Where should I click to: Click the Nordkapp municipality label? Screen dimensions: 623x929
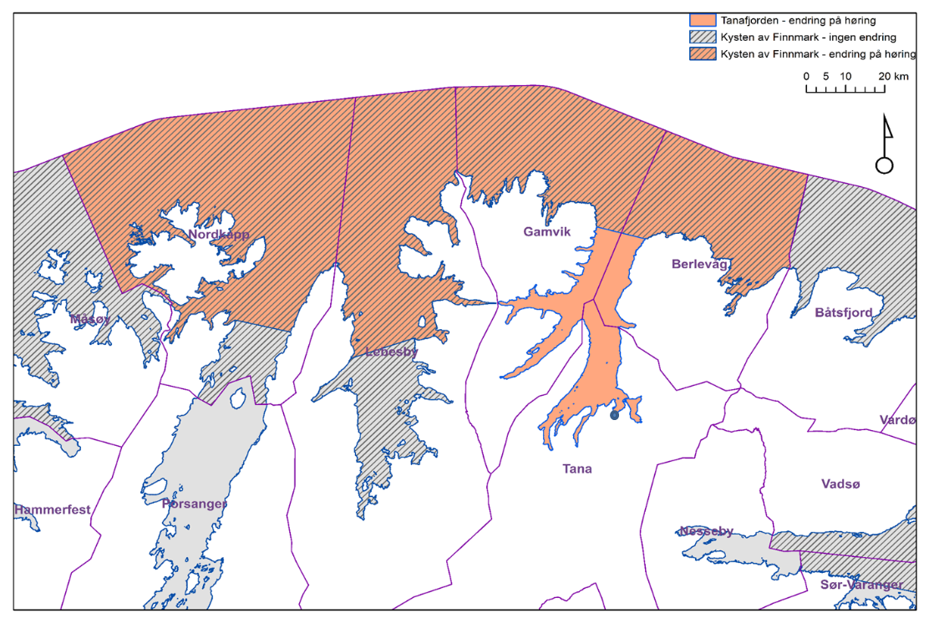(219, 235)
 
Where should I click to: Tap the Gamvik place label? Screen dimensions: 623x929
(547, 231)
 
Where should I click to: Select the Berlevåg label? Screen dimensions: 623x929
(700, 264)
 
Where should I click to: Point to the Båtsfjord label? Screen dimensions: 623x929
(844, 312)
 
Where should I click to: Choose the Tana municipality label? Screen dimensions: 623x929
(576, 469)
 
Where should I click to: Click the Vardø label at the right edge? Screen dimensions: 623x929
(898, 419)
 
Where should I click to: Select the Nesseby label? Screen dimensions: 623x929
(706, 531)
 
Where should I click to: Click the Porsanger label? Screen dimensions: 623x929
(194, 504)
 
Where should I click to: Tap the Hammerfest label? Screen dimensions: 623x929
(52, 509)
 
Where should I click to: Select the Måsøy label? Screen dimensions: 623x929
(89, 318)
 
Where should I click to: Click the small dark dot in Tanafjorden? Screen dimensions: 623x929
(614, 415)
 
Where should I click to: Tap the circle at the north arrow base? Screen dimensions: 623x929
(884, 165)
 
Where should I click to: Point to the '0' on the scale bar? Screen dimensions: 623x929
(806, 76)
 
